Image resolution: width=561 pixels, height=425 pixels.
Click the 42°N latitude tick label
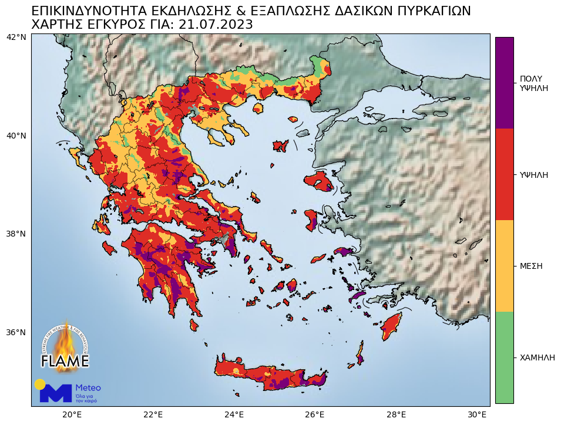pos(16,37)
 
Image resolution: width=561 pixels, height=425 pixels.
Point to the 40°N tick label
pos(16,136)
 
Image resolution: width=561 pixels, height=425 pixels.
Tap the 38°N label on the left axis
pos(16,234)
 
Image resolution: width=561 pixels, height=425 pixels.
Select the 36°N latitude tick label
pos(16,332)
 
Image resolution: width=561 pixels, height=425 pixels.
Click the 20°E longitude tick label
pos(72,414)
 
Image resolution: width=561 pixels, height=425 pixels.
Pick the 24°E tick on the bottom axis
pos(234,414)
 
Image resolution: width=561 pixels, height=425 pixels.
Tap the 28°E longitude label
pos(397,414)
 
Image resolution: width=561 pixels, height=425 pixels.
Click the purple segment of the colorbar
pos(504,82)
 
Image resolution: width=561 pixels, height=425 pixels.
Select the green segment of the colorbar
pos(504,357)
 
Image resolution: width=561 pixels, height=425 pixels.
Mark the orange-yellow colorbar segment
pos(504,265)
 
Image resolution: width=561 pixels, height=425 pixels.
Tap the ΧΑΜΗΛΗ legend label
pos(537,357)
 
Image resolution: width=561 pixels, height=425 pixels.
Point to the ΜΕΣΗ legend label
pos(531,266)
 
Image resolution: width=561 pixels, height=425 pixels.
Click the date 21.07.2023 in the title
pos(216,25)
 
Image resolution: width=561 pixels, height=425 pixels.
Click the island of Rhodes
pos(391,326)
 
